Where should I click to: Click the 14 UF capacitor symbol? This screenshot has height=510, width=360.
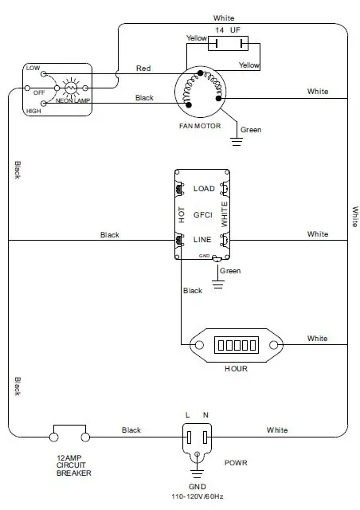[x=228, y=43]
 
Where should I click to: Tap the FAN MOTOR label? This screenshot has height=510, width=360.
[x=200, y=126]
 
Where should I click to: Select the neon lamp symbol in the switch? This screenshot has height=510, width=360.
[x=71, y=88]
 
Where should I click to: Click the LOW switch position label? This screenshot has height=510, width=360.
[x=33, y=68]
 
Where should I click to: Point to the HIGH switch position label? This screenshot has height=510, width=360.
[x=33, y=111]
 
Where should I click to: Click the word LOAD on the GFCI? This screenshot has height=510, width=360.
[x=204, y=189]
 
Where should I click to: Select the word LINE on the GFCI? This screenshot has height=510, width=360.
[x=202, y=240]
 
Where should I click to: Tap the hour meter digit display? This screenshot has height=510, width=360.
[x=237, y=345]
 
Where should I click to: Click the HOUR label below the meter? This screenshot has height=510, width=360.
[x=236, y=368]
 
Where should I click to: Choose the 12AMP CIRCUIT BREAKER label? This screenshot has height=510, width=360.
[x=73, y=465]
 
